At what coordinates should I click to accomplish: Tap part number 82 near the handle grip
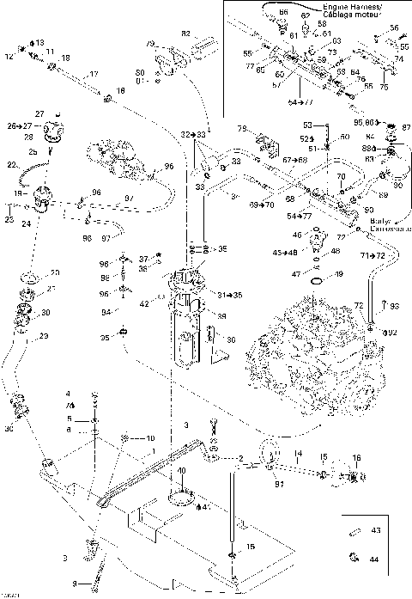pyautogui.click(x=185, y=33)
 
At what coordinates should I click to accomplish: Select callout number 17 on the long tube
pyautogui.click(x=94, y=73)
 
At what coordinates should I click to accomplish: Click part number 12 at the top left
pyautogui.click(x=10, y=58)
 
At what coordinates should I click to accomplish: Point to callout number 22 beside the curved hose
pyautogui.click(x=11, y=164)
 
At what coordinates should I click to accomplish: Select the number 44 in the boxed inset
pyautogui.click(x=375, y=559)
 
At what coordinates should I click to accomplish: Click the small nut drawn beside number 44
pyautogui.click(x=353, y=559)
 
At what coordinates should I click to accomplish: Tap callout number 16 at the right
pyautogui.click(x=357, y=458)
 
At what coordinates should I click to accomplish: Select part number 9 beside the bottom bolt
pyautogui.click(x=74, y=584)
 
